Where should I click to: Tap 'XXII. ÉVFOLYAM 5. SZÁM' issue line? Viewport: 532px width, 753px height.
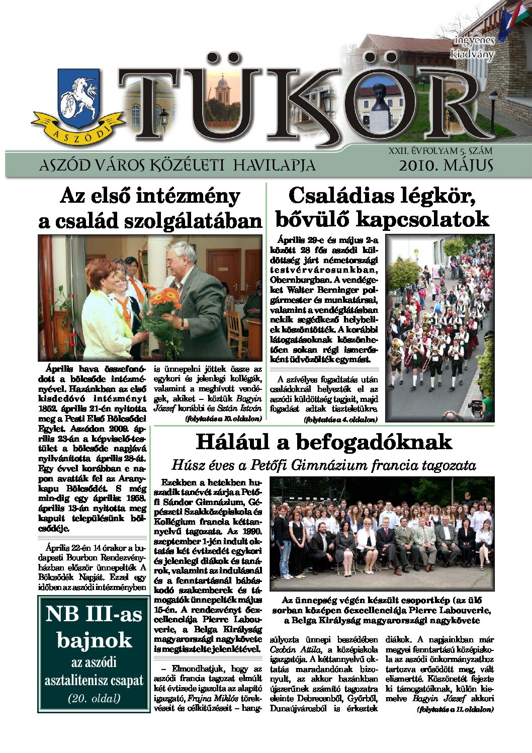coord(440,151)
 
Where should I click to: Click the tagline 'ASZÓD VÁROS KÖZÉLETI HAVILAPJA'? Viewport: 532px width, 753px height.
coord(177,165)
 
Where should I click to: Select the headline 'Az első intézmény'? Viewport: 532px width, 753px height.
coord(150,196)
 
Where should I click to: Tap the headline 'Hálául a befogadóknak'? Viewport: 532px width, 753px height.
coord(323,442)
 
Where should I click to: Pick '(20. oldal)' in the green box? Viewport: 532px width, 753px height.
coord(94,698)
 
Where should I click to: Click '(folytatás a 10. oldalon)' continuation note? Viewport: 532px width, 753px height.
coord(223,419)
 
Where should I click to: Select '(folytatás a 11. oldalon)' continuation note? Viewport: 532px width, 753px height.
coord(455,709)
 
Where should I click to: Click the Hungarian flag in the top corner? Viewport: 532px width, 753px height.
coord(521,18)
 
